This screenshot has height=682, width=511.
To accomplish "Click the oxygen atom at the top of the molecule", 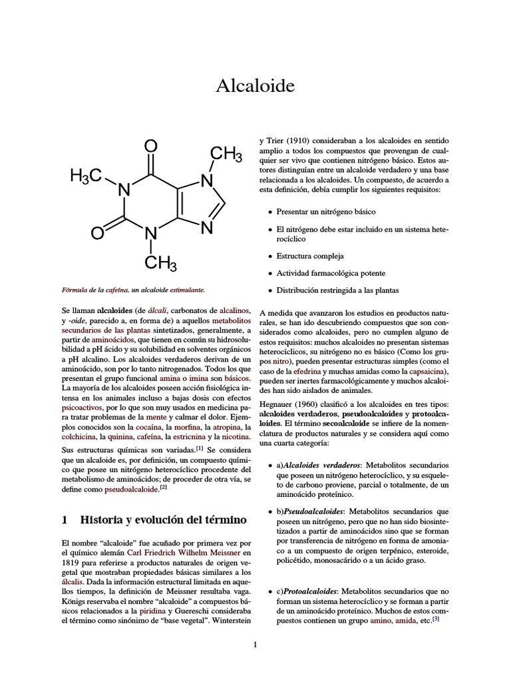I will [x=151, y=146].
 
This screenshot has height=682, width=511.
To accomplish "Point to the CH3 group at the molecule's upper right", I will [x=226, y=155].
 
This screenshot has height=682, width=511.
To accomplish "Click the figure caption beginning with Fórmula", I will [x=133, y=290].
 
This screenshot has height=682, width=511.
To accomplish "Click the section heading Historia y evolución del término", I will [x=154, y=519].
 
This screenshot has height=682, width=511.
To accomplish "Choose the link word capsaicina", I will [x=426, y=371].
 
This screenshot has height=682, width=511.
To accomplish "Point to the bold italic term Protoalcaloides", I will [x=310, y=591].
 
